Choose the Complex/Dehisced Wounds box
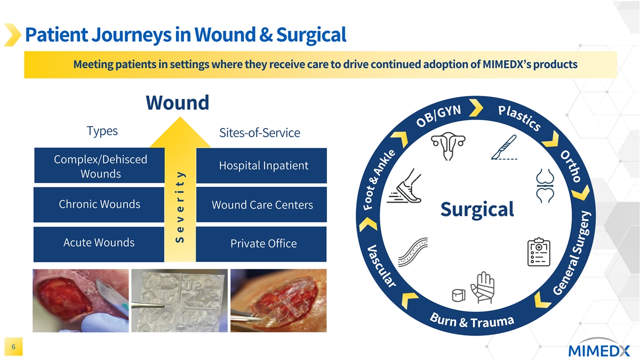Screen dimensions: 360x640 coord(99,166)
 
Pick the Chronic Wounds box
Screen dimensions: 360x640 coord(99,204)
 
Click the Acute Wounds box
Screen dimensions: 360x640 coord(99,243)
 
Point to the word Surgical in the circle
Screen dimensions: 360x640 coord(477,209)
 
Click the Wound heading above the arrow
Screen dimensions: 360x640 coord(177,102)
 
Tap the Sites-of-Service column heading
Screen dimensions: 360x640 coord(259,133)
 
